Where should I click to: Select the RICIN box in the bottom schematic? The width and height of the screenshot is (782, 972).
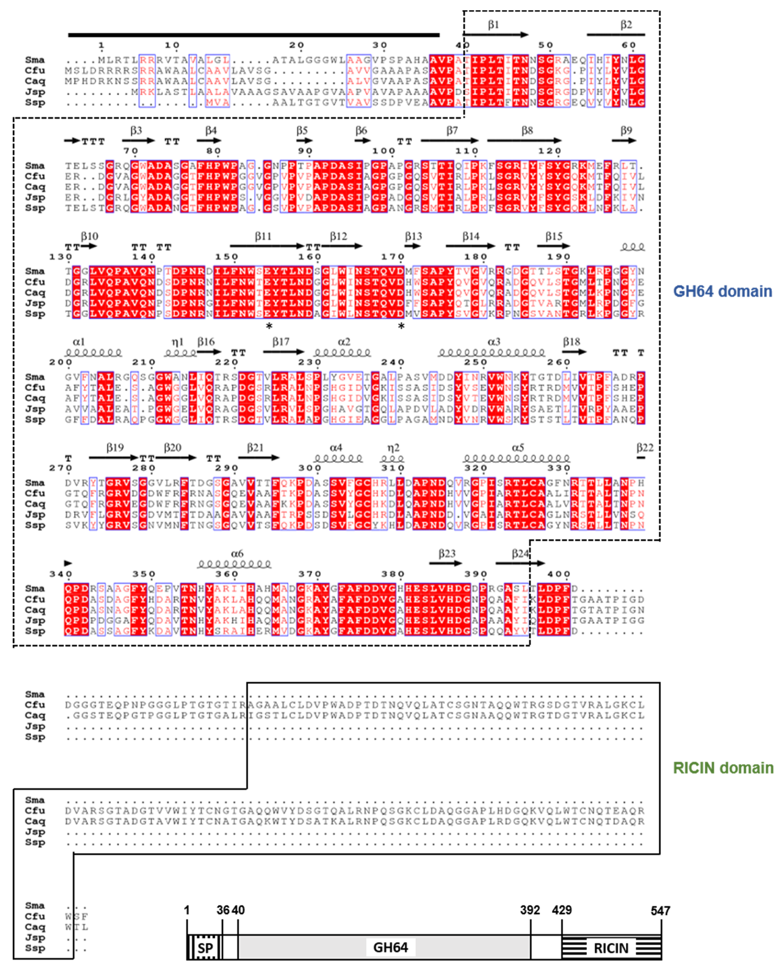coord(611,948)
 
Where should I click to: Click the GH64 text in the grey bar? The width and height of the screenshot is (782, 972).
coord(390,947)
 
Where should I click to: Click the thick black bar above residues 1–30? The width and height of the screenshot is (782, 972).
coord(254,35)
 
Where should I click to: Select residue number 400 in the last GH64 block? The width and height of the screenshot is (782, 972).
coord(559,574)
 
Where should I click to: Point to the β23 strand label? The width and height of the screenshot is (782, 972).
coord(447,553)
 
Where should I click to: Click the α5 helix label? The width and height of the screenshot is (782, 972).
coord(518,448)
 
